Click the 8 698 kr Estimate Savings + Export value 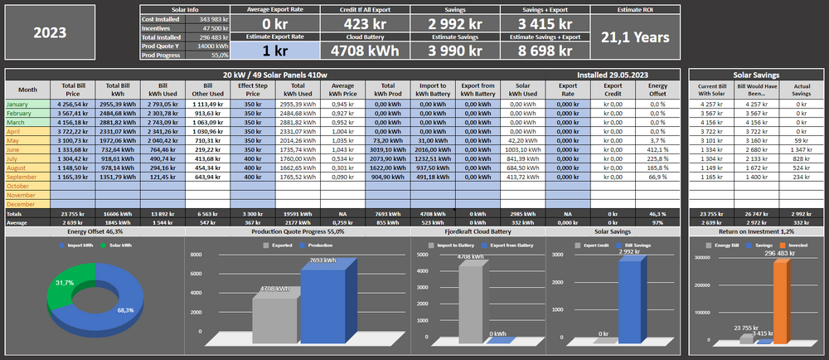coord(543,50)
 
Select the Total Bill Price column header coord(73,89)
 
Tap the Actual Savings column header coord(801,89)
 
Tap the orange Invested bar coord(779,299)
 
